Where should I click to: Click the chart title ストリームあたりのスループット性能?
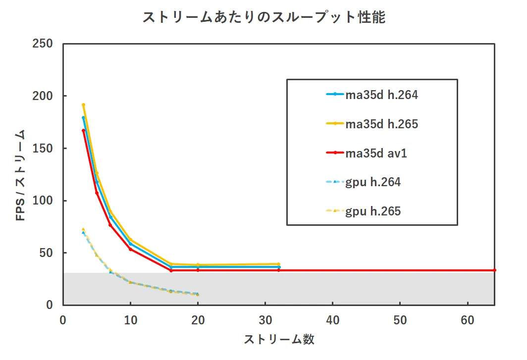263,18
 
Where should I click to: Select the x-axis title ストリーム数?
279,339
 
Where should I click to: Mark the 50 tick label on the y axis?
46,253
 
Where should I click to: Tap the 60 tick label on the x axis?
468,320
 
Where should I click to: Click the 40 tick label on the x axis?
333,320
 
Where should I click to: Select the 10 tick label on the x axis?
130,320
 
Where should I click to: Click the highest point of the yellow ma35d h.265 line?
83,105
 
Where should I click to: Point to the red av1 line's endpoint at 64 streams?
495,270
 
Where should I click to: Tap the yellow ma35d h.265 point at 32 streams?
279,264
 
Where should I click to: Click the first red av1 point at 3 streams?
83,131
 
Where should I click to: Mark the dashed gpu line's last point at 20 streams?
198,294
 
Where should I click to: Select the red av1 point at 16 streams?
171,270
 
